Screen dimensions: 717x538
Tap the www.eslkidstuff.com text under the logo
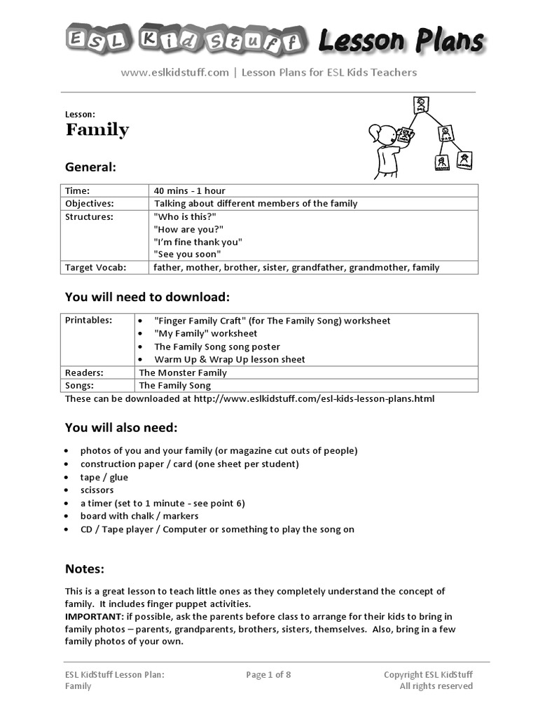pyautogui.click(x=174, y=72)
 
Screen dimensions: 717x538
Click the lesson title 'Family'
pyautogui.click(x=97, y=130)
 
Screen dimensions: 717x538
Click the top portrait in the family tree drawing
pyautogui.click(x=421, y=105)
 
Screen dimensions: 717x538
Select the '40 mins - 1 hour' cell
pyautogui.click(x=190, y=190)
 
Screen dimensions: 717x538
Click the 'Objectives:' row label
pyautogui.click(x=89, y=204)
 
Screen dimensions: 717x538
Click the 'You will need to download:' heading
pyautogui.click(x=147, y=297)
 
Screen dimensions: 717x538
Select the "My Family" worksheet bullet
pyautogui.click(x=205, y=333)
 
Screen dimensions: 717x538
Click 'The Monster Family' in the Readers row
pyautogui.click(x=183, y=373)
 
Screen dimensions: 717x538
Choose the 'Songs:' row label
pyautogui.click(x=80, y=385)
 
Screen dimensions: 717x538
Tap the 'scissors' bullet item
pyautogui.click(x=97, y=490)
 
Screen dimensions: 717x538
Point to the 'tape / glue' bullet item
pyautogui.click(x=104, y=477)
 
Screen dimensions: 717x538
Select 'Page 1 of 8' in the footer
pyautogui.click(x=268, y=675)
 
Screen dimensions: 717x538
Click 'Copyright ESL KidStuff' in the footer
pyautogui.click(x=428, y=675)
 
